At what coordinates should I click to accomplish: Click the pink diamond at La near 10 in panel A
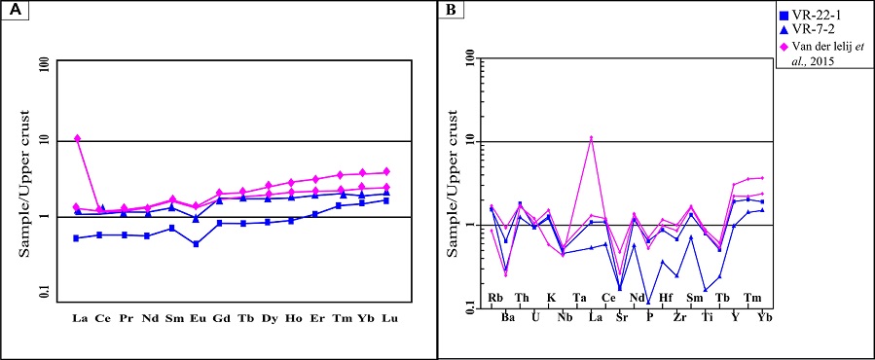(x=77, y=139)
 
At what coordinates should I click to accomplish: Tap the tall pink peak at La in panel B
(x=591, y=138)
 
